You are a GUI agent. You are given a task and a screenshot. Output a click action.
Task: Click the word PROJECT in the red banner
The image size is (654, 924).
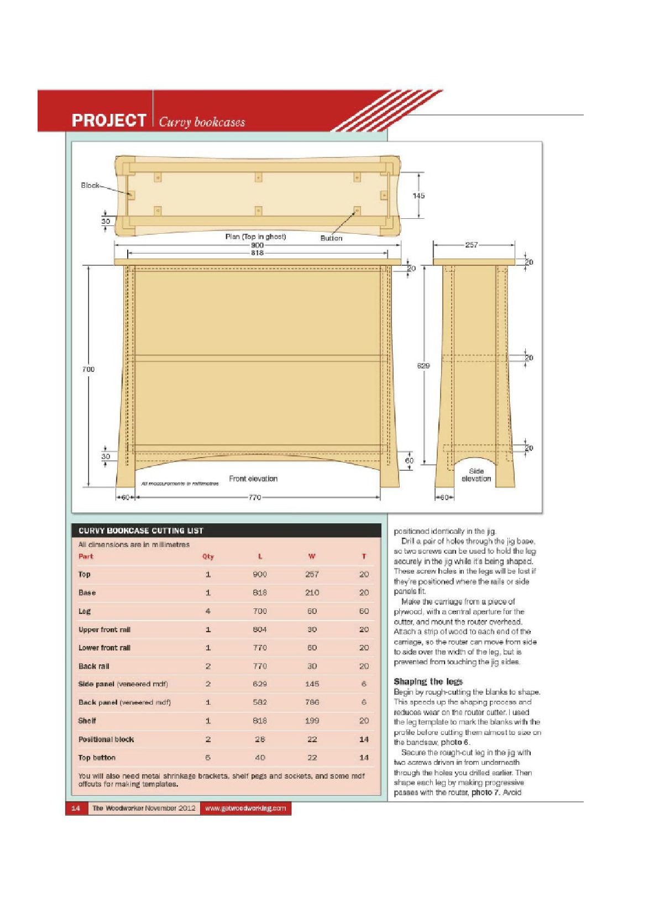coord(108,120)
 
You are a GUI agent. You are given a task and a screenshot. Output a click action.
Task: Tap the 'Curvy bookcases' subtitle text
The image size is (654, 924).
coord(202,122)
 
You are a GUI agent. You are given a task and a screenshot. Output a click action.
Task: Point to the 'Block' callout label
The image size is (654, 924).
coord(90,185)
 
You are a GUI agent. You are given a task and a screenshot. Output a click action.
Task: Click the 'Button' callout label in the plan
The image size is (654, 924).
coord(331,238)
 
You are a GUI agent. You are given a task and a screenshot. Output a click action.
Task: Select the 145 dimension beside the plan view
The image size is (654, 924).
coord(418,196)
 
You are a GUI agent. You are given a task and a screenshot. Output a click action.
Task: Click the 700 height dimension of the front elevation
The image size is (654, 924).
coord(88,369)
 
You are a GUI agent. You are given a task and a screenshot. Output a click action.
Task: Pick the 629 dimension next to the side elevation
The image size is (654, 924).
coord(423,365)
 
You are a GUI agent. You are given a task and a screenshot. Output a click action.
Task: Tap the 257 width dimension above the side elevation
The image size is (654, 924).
coord(471,245)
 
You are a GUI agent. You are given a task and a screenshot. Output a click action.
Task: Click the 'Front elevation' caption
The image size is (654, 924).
coord(253,479)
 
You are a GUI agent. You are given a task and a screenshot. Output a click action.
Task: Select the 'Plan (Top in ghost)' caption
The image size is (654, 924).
coord(255,237)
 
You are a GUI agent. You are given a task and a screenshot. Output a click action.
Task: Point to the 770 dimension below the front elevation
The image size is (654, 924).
coord(254,497)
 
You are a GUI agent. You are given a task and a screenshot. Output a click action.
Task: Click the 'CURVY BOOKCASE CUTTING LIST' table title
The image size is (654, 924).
coord(141,531)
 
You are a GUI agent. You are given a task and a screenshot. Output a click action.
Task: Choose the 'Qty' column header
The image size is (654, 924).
coord(208,556)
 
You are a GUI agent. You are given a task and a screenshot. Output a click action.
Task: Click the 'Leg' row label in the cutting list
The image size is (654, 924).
coord(85,611)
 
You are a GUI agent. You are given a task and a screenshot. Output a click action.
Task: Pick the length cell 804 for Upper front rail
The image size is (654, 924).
coord(260,629)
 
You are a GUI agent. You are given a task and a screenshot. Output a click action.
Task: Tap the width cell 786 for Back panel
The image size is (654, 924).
coord(312,702)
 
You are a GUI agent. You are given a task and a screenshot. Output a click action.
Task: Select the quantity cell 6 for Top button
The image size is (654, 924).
coord(208,758)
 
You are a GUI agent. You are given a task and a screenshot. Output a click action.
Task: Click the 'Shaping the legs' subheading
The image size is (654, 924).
coord(428,681)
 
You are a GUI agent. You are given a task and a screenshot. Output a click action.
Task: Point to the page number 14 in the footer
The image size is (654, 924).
coord(76,809)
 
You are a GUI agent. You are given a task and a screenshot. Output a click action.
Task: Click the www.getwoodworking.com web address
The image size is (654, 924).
coord(245,809)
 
